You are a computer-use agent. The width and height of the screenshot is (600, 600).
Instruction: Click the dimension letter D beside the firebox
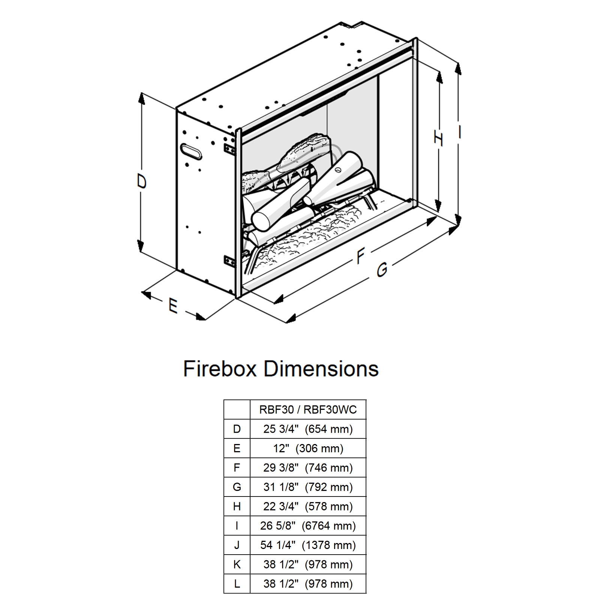[x=141, y=181]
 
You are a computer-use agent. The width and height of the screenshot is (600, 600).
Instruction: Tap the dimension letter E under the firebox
[x=173, y=305]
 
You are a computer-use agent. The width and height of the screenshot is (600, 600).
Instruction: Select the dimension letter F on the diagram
[x=360, y=256]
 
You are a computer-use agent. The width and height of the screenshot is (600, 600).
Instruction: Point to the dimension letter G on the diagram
[x=382, y=270]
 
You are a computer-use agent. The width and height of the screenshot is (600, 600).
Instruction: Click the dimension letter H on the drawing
[x=438, y=138]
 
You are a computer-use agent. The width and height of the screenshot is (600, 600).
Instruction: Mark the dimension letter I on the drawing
[x=460, y=132]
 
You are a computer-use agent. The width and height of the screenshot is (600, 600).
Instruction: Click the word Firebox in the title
[x=220, y=369]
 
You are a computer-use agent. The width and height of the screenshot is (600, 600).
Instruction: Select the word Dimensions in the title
[x=321, y=369]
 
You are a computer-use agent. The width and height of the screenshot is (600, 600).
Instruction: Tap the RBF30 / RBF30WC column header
[x=308, y=409]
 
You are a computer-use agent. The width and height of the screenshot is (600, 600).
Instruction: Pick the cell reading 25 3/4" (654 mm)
[x=308, y=429]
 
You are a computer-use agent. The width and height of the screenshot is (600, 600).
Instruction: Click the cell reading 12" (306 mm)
[x=308, y=448]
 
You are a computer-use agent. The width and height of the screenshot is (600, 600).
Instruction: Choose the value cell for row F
[x=308, y=468]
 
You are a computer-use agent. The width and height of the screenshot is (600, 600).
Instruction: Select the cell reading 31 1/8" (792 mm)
[x=308, y=487]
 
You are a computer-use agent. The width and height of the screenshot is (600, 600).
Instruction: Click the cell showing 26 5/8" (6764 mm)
[x=308, y=526]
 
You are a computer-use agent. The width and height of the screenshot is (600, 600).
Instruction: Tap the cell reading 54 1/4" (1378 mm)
[x=308, y=545]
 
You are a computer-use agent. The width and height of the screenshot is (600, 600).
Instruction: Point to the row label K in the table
[x=237, y=564]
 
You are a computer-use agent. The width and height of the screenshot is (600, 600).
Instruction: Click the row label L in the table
[x=237, y=584]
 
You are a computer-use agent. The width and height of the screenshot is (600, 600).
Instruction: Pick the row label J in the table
[x=237, y=545]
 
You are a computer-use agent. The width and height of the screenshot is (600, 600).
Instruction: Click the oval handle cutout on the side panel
[x=191, y=151]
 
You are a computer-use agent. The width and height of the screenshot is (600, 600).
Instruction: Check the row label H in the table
[x=237, y=507]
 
